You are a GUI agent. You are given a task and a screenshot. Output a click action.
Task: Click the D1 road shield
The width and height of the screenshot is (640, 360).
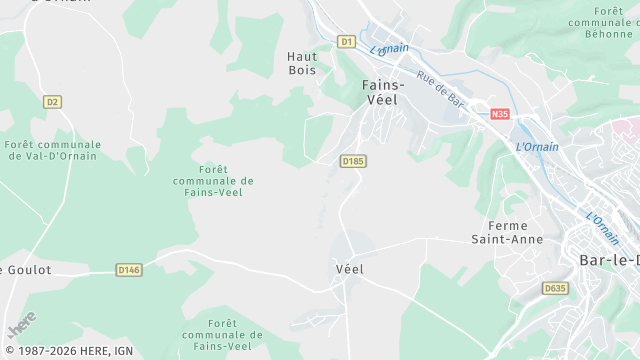[x=346, y=41]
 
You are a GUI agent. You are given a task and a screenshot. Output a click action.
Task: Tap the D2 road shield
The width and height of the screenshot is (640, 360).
[x=53, y=101]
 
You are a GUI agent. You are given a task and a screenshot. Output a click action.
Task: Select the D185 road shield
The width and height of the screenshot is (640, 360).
[x=352, y=160]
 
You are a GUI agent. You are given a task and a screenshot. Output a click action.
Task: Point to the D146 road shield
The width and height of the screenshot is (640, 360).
[x=128, y=269]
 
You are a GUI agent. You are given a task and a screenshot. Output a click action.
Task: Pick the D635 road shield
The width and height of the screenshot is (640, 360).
[x=555, y=288]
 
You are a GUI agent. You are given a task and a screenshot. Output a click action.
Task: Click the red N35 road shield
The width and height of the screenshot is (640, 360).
[x=500, y=115]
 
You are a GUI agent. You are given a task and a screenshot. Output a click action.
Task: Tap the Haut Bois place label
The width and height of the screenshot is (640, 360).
[x=301, y=63]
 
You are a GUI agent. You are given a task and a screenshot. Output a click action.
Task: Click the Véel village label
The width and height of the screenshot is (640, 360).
[x=349, y=269]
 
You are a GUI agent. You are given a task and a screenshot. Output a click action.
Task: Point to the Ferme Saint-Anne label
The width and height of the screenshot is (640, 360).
[x=508, y=232]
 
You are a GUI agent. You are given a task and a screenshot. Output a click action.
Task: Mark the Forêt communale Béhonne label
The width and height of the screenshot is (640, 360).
[x=603, y=21]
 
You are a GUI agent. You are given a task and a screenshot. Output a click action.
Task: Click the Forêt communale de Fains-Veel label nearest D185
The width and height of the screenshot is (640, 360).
[x=213, y=180]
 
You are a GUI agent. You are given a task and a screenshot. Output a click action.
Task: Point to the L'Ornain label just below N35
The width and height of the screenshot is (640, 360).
[x=537, y=147]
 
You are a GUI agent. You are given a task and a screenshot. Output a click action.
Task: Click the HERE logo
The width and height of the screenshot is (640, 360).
[x=21, y=326]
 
